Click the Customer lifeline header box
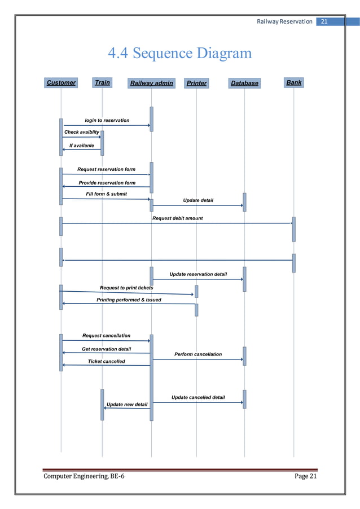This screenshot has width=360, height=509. pos(61,83)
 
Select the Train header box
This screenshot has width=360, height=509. pos(102,83)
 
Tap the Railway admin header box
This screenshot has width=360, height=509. pos(151,84)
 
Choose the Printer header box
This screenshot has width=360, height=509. pos(196,84)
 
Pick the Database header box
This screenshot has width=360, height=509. pos(244,84)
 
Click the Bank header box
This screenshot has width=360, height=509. pos(293,83)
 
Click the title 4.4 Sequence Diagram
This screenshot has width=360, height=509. pos(179,54)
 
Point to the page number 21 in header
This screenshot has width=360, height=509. pos(324,21)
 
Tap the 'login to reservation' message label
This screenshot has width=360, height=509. pos(107,120)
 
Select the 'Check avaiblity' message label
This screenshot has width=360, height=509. pos(82,132)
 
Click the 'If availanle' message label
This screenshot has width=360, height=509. pos(81,145)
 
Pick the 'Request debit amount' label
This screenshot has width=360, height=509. pos(177,218)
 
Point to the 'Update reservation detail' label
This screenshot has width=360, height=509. pos(198,274)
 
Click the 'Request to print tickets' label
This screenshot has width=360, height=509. pos(126,288)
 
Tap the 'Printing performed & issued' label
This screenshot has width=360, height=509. pos(129,300)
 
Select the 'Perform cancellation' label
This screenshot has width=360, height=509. pos(198,354)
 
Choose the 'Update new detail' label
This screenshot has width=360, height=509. pos(127,405)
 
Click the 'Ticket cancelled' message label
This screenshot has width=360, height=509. pos(106,361)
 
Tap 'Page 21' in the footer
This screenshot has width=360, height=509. pos(306,477)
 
